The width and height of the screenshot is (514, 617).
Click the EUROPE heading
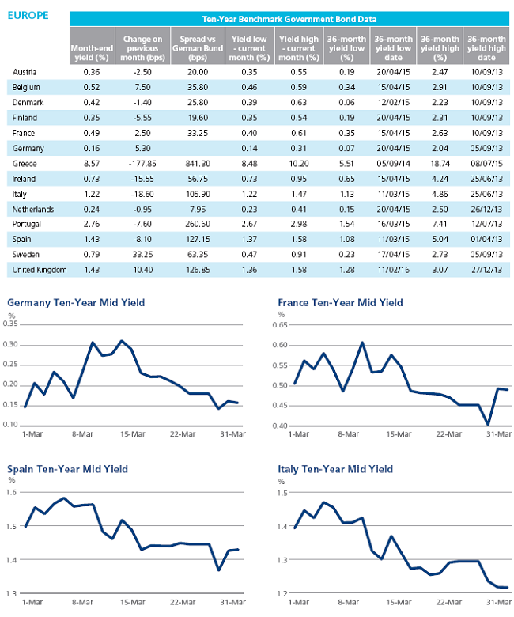click(28, 15)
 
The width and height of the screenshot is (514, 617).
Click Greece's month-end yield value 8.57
click(92, 163)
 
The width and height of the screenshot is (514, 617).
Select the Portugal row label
click(26, 225)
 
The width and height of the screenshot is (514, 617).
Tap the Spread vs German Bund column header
click(198, 48)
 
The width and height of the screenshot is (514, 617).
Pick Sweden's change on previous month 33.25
click(142, 255)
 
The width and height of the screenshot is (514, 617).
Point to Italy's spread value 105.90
click(198, 194)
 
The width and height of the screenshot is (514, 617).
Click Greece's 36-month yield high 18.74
click(440, 163)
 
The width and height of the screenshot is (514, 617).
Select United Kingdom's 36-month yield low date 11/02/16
click(393, 270)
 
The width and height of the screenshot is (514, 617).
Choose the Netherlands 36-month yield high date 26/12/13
click(486, 210)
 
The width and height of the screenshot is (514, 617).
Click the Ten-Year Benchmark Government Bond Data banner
click(289, 19)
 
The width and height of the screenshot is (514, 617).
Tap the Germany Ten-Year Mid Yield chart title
click(76, 303)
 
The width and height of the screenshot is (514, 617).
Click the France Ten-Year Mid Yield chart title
click(340, 303)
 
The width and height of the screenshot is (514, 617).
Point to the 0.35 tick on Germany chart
click(10, 324)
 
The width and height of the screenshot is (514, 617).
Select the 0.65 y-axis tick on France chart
click(280, 325)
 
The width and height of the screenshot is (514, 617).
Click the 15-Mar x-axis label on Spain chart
click(133, 603)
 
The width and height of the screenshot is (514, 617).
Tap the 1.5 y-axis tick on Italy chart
click(282, 493)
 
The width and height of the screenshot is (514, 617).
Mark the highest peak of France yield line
click(362, 343)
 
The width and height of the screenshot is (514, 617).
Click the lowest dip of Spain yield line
click(219, 570)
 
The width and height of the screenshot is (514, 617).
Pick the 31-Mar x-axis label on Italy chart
click(499, 603)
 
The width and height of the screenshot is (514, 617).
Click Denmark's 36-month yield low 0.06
click(346, 102)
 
